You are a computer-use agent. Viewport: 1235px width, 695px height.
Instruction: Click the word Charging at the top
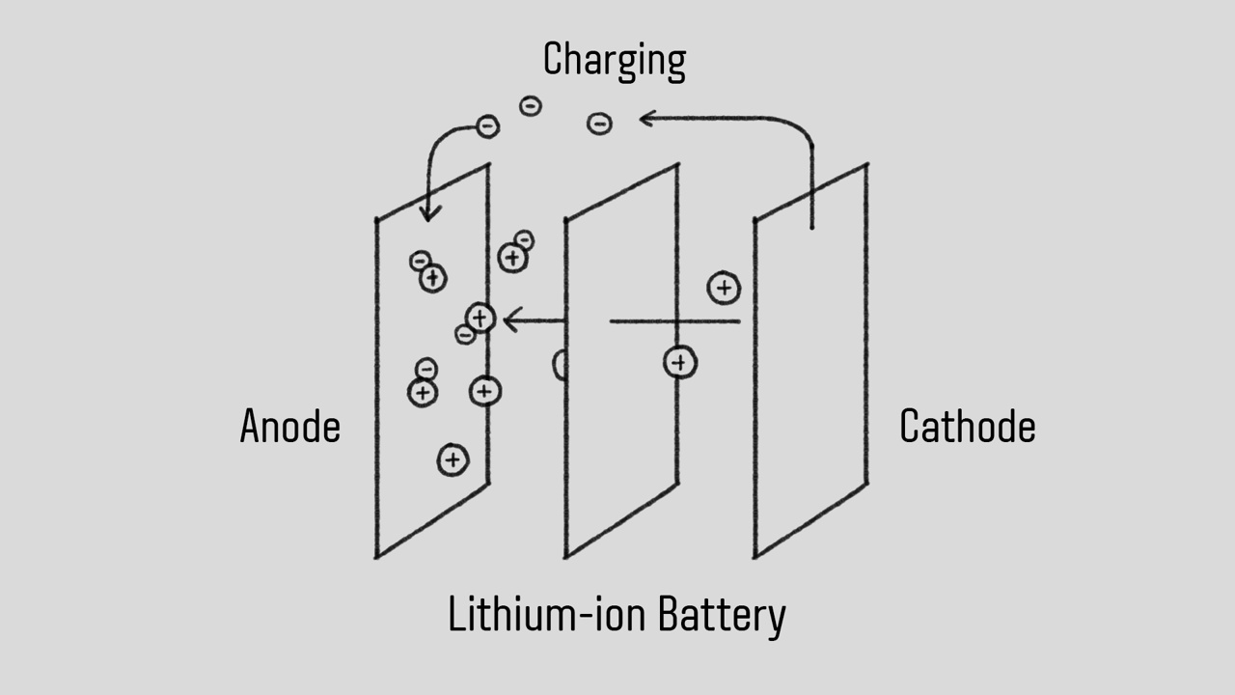614,60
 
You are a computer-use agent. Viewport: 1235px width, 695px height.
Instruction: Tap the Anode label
289,427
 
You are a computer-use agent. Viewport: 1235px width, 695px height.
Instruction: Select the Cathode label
967,427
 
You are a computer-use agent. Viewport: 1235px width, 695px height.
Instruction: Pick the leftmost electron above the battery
488,126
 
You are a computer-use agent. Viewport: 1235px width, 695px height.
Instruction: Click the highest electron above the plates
531,106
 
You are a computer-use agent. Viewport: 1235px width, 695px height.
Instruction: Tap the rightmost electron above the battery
599,124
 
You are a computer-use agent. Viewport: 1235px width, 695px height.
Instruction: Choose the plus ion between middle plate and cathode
724,288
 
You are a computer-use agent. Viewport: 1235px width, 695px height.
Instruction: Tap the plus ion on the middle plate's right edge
680,363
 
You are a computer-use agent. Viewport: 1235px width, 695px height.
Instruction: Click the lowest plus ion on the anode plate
453,460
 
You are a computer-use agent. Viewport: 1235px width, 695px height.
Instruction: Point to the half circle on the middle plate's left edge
559,365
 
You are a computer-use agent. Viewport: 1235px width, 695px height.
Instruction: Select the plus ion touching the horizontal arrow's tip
480,318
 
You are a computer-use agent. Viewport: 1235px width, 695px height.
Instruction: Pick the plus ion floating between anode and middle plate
512,258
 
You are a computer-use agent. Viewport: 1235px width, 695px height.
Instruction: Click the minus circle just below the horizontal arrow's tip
465,335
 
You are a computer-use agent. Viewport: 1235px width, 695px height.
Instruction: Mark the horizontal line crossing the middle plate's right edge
674,321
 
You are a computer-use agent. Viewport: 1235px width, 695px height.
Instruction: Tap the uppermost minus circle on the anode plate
419,261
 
